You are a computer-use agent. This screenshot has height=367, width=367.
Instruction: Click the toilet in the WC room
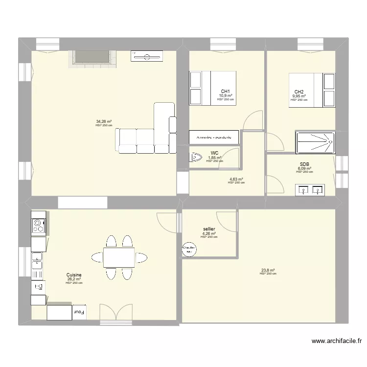(x=196, y=158)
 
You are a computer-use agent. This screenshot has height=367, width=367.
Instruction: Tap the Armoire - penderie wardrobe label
(x=214, y=138)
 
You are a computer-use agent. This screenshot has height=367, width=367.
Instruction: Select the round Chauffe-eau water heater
(x=189, y=250)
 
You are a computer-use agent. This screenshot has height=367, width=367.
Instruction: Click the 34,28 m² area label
(x=104, y=121)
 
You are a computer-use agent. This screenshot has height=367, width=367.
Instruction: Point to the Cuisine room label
(x=74, y=275)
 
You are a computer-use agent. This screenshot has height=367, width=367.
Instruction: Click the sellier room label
(x=209, y=229)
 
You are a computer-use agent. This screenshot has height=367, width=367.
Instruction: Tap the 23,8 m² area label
(x=268, y=270)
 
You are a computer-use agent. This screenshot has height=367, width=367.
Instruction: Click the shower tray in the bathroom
(x=316, y=142)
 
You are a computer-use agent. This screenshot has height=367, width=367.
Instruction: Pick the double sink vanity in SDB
(x=310, y=189)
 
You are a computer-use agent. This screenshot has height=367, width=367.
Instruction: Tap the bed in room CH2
(x=312, y=90)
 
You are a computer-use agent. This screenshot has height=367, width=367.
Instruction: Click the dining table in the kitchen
(x=119, y=257)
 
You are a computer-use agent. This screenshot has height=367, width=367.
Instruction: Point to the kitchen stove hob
(x=38, y=226)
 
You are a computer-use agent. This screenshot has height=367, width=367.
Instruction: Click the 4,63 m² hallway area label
(x=236, y=179)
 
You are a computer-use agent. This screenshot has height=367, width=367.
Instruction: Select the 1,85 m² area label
(x=214, y=158)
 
